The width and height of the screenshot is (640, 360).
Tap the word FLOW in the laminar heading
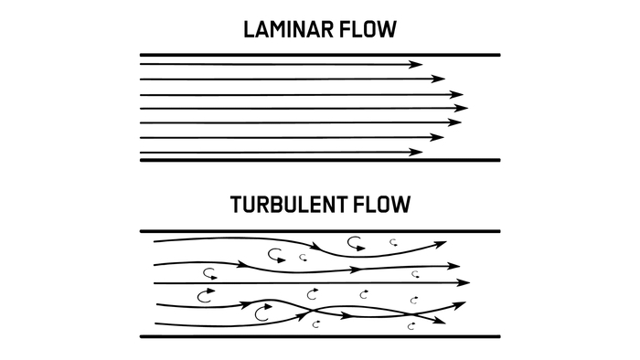coord(368,30)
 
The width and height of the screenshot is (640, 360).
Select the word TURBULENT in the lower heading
coord(288,205)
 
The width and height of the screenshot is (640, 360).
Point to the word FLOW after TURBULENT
coord(381,205)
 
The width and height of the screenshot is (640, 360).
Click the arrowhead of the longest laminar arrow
coord(462,108)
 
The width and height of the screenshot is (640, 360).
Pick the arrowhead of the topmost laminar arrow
coord(416,64)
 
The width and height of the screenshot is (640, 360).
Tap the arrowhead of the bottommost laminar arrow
coord(416,152)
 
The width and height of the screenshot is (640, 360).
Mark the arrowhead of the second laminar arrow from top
coord(438,79)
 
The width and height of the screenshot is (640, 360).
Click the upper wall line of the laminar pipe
coord(320,55)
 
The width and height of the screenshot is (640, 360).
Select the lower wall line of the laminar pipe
coord(320,160)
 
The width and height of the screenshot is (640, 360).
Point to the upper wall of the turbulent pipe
coord(320,231)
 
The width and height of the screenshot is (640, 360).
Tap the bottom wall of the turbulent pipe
coord(320,337)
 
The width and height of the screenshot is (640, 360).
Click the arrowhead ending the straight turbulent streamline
coord(464,282)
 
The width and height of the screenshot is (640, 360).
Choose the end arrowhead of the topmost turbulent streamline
coord(441,245)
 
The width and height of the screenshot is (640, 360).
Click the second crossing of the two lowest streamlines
coord(412,314)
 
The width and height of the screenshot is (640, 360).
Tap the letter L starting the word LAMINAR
coord(249,30)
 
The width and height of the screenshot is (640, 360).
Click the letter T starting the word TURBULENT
coord(236,205)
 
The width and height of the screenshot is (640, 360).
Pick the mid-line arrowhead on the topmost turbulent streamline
coord(316,246)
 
